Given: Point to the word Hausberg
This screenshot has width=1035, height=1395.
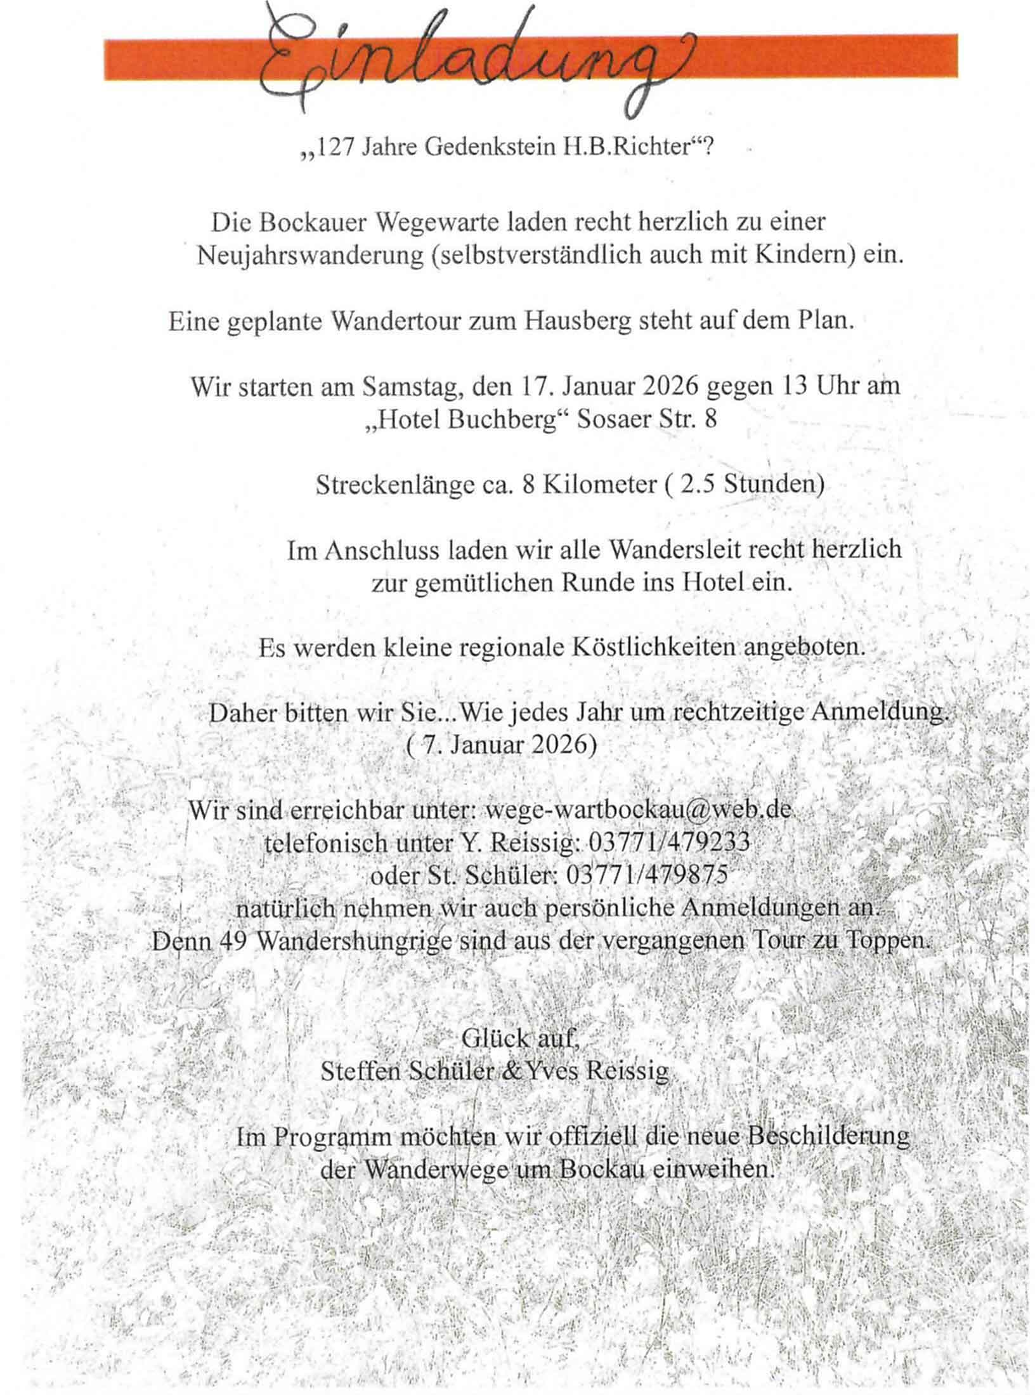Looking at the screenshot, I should [578, 322].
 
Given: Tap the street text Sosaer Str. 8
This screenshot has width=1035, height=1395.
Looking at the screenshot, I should [647, 420].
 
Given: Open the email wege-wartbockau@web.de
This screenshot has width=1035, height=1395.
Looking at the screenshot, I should [638, 811].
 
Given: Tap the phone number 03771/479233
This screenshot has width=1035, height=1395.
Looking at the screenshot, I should [669, 843].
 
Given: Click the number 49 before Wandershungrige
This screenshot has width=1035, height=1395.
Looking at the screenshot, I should [233, 941].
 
